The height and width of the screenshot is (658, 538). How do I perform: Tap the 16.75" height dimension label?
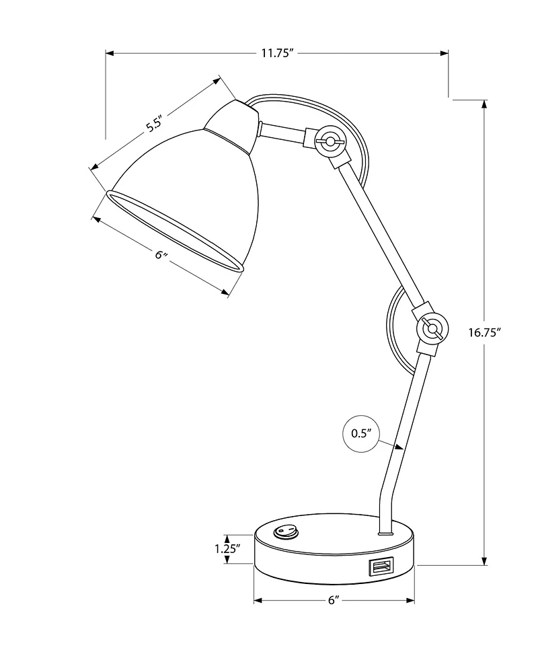tap(485, 332)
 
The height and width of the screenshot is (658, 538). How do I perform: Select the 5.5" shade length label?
tap(155, 124)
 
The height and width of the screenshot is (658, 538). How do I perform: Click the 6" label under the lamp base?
tap(332, 601)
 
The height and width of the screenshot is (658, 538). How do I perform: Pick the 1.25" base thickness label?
tap(228, 548)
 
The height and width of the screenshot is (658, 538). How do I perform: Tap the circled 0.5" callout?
tap(361, 433)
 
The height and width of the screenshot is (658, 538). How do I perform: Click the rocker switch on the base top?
tap(285, 534)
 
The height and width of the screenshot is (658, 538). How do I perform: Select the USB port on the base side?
tap(379, 567)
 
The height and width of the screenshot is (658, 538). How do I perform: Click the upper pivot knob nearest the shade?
tap(330, 141)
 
